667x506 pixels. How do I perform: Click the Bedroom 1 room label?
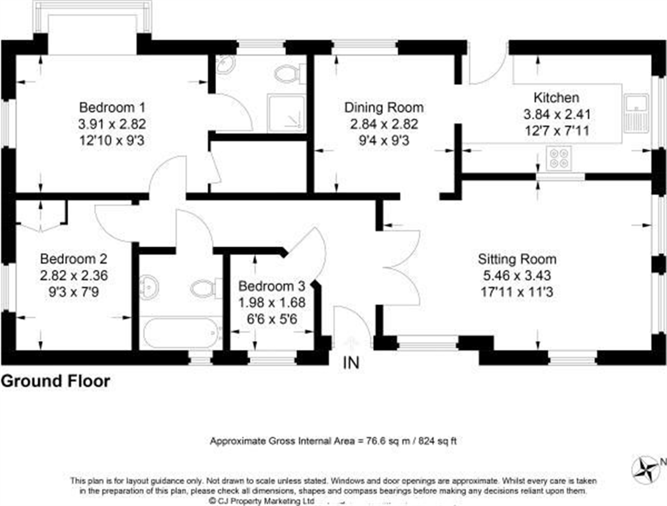tap(112, 107)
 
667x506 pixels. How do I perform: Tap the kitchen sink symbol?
tap(636, 113)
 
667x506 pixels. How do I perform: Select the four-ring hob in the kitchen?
tap(559, 158)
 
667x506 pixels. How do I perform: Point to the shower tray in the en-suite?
tap(286, 113)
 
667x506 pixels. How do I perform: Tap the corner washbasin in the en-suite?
tap(225, 64)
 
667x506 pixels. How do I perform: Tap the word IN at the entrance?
tap(351, 363)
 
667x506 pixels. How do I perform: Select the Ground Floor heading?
tap(55, 381)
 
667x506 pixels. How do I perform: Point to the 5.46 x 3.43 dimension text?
tap(517, 275)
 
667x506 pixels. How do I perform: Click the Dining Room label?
tap(384, 107)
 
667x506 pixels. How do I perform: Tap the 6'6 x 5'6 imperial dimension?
tap(272, 319)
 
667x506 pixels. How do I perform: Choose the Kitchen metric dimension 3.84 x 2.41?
tap(557, 114)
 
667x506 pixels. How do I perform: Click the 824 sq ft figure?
tap(437, 441)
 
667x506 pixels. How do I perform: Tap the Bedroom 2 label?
tap(73, 259)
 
